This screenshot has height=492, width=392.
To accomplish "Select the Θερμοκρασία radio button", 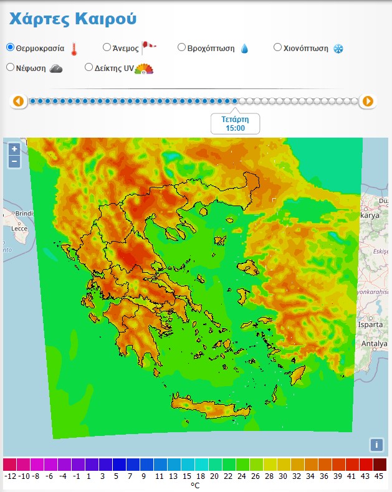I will [10, 47].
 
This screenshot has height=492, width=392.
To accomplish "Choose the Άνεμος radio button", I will [107, 47].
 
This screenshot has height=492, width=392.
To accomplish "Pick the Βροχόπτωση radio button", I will [181, 47].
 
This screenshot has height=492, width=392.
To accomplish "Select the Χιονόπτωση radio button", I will [278, 47].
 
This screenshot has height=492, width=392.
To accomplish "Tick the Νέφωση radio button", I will [10, 67].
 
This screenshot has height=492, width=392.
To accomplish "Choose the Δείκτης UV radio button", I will [88, 67].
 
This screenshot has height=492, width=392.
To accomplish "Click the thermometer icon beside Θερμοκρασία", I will [74, 49].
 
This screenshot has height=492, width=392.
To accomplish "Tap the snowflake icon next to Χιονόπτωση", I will [338, 49].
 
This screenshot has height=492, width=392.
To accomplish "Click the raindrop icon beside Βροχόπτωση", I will [244, 49].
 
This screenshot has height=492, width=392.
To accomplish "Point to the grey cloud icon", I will [55, 68].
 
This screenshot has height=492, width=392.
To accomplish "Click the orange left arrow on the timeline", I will [19, 101].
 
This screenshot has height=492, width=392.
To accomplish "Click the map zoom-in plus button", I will [14, 149].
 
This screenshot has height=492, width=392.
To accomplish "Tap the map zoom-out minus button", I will [14, 161].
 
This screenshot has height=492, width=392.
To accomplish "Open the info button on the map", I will [376, 445].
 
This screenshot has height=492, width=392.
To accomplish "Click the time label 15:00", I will [235, 128].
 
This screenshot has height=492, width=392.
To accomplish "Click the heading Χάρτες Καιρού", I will [72, 18].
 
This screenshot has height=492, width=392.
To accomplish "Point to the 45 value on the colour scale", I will [380, 476].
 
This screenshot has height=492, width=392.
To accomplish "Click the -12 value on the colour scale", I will [10, 476].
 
